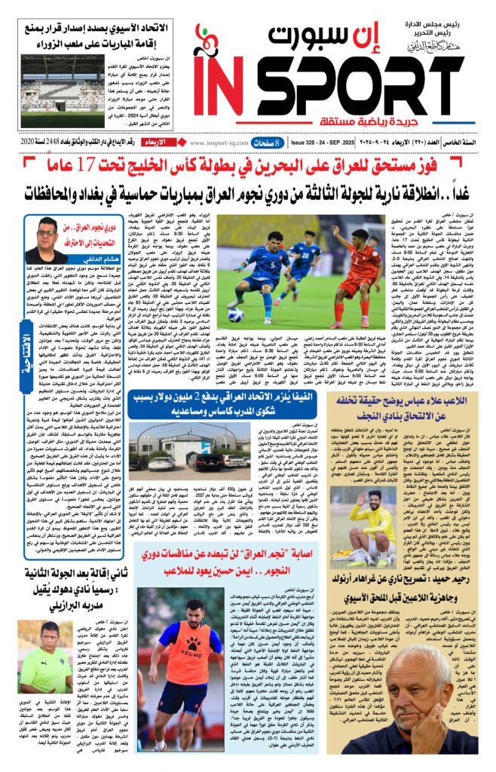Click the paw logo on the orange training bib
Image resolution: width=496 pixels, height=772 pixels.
[x=176, y=647]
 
